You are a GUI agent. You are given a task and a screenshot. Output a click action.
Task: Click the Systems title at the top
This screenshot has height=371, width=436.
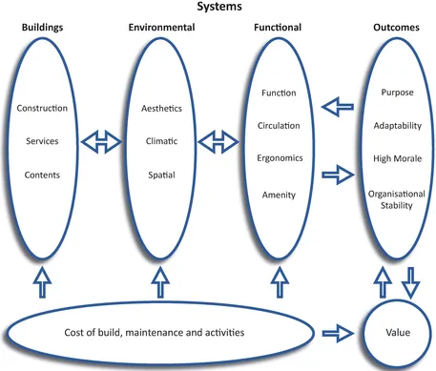218,8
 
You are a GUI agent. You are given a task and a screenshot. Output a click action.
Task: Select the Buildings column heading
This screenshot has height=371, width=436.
42,28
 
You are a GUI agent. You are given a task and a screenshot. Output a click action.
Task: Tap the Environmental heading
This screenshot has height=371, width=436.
161,28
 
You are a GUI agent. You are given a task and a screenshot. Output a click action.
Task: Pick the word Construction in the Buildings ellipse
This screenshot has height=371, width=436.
42,108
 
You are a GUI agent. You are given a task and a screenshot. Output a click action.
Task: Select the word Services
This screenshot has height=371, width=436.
42,141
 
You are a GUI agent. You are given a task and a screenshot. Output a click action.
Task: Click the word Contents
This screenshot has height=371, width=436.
42,175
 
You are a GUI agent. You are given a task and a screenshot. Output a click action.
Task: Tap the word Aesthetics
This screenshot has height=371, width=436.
161,109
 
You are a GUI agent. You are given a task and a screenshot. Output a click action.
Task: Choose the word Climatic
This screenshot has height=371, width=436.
161,142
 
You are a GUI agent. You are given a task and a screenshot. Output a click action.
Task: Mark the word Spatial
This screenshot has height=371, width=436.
161,175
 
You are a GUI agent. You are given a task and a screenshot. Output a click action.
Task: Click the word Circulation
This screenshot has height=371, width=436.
279,125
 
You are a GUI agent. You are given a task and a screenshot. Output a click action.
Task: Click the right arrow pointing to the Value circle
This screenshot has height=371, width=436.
338,333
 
